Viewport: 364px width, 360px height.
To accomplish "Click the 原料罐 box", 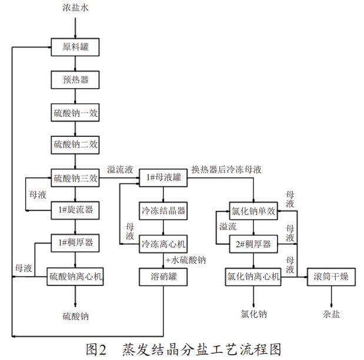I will (76, 46).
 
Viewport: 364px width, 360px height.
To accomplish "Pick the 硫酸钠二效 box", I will (76, 144).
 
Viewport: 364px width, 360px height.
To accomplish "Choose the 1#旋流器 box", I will (76, 210).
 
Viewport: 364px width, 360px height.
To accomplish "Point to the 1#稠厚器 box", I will (76, 241).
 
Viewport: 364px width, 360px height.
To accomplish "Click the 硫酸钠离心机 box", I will (76, 276).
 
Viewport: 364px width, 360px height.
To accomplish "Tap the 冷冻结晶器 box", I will (163, 210).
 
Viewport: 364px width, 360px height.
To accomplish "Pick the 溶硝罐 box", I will (163, 276).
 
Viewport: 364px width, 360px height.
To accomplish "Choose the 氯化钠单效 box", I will (252, 211).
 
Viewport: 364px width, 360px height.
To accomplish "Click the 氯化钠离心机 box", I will (253, 276).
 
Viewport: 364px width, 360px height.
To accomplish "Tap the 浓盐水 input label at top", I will (76, 8).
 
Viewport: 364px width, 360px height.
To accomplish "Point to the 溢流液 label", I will (119, 170).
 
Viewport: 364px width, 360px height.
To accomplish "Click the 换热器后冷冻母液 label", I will (226, 170).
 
